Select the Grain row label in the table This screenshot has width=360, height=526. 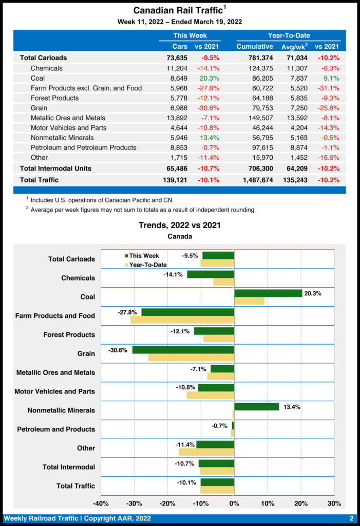(x=39, y=108)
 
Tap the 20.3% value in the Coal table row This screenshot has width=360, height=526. (x=210, y=78)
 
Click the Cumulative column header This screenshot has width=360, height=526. (x=255, y=47)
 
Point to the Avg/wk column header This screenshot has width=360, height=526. (x=295, y=47)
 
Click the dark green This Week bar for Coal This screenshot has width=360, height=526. (x=268, y=293)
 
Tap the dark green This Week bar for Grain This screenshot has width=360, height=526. (x=183, y=350)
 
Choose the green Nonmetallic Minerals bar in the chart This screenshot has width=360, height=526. (x=256, y=406)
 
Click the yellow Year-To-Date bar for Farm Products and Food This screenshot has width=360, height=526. (x=182, y=320)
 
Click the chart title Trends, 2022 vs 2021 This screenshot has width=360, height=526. (x=180, y=225)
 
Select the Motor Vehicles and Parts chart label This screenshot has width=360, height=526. (x=54, y=391)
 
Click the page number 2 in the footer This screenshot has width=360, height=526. (x=352, y=518)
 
